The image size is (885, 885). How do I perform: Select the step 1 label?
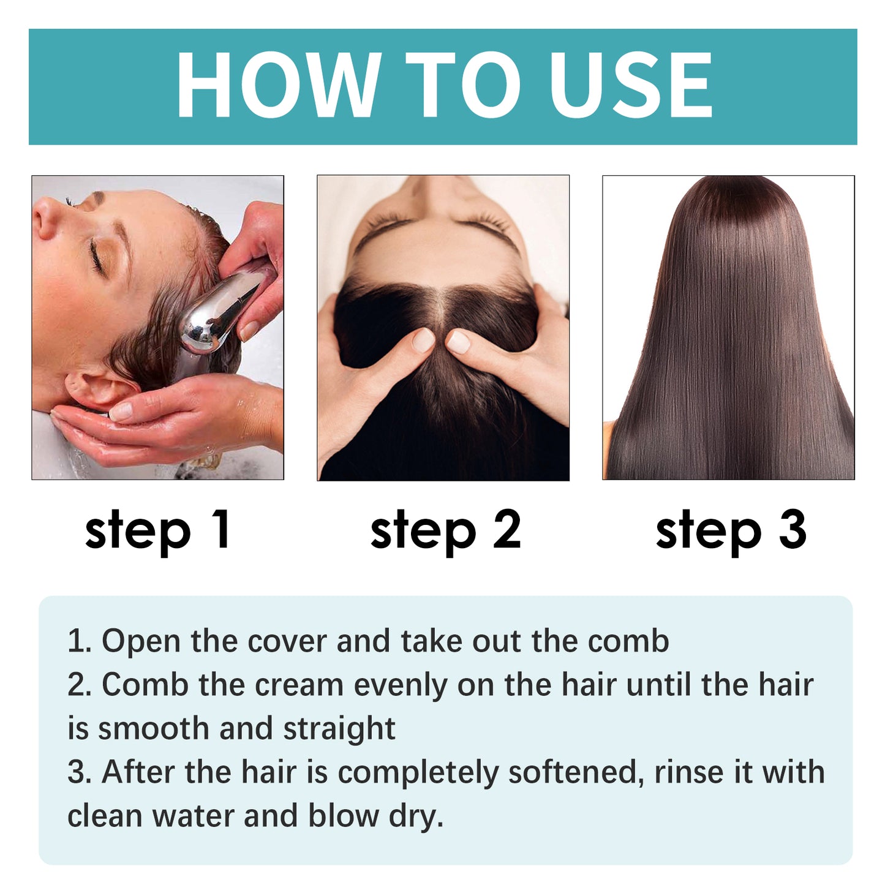click(x=158, y=530)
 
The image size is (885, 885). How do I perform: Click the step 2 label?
click(x=445, y=530)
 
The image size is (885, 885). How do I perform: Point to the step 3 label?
click(x=731, y=530)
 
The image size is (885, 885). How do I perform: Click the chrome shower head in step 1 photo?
click(x=220, y=312)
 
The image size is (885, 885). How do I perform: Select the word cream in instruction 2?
click(x=299, y=685)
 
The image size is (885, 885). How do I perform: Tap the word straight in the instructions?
click(x=339, y=729)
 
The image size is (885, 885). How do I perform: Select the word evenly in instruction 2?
click(x=401, y=685)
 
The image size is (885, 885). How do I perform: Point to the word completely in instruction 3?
click(x=418, y=772)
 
